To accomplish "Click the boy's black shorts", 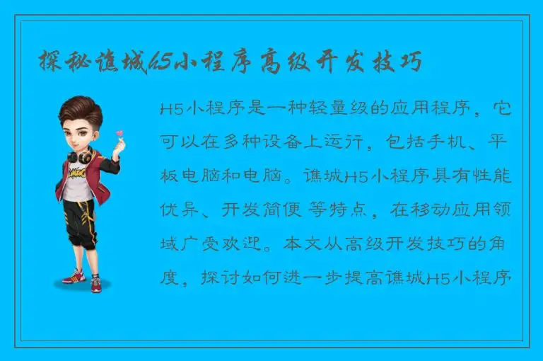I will (80, 217).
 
